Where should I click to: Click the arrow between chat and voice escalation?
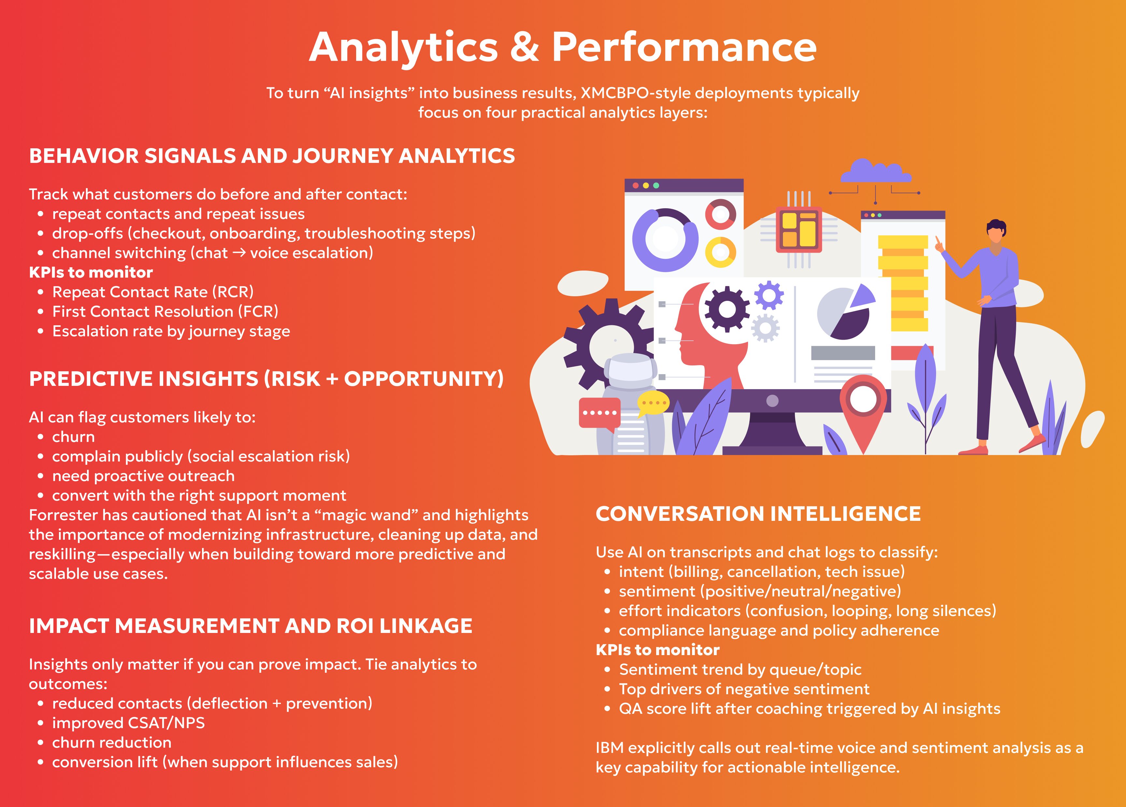[239, 253]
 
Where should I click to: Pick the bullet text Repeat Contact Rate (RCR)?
[153, 292]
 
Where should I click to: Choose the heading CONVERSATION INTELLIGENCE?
[758, 513]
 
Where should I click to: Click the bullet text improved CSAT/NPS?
[128, 723]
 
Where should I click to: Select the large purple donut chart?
[665, 239]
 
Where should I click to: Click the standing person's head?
[996, 231]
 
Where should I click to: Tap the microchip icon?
[799, 229]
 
